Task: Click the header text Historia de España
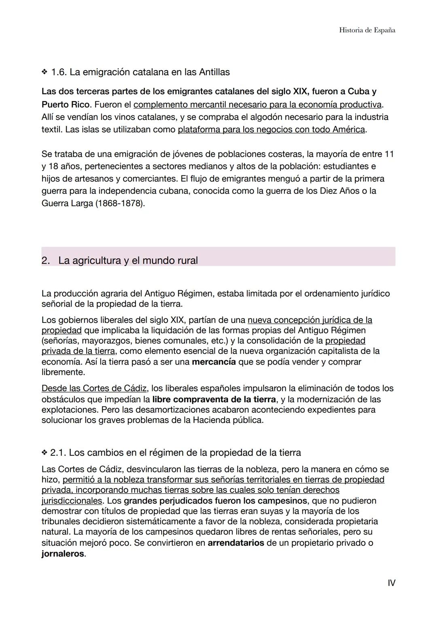(367, 30)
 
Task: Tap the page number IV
(391, 583)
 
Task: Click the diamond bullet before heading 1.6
(44, 73)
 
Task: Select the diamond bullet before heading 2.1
(44, 453)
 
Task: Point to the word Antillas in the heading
(214, 73)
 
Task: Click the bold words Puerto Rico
(65, 105)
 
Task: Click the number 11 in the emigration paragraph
(389, 154)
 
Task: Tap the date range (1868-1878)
(120, 203)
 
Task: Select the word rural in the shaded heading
(187, 260)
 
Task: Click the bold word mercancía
(214, 361)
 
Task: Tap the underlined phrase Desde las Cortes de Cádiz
(94, 388)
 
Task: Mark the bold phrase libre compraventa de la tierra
(214, 399)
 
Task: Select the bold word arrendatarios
(235, 542)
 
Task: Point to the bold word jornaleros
(63, 553)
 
